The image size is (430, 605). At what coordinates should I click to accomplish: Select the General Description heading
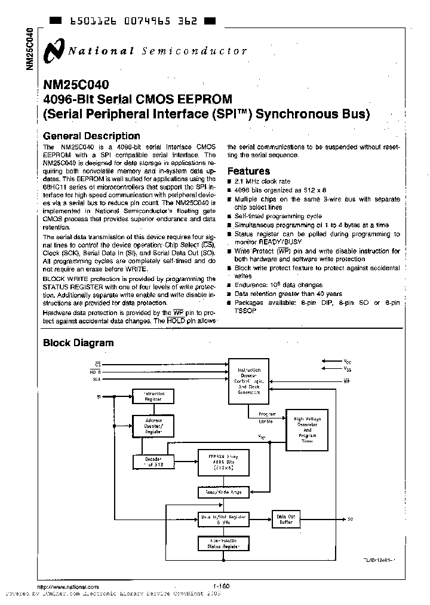pos(92,136)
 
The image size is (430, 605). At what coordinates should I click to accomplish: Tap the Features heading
pos(248,171)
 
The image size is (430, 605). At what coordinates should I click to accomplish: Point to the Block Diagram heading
pos(78,343)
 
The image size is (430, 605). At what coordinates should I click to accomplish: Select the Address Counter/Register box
pos(153,425)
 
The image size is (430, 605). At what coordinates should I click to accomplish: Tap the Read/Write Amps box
pos(223,493)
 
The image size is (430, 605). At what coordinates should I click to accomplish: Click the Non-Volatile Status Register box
pos(223,543)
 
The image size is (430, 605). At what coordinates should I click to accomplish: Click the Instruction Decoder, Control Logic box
pos(250,381)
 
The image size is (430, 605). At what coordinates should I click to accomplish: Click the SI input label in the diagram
pos(99,396)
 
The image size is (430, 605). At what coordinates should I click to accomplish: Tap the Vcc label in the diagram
pos(348,362)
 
